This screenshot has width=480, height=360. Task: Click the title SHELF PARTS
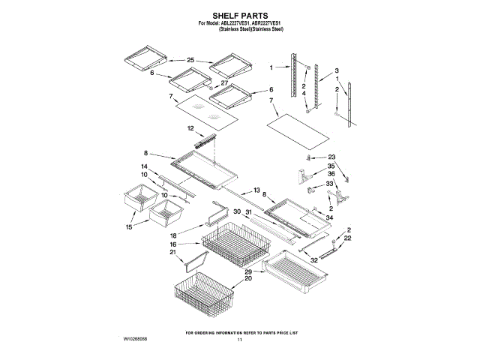[x=240, y=15]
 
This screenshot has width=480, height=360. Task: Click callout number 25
[x=190, y=60]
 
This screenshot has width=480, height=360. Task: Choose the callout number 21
[x=172, y=253]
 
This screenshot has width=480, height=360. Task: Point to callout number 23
[x=332, y=157]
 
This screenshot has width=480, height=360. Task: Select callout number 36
[x=331, y=174]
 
